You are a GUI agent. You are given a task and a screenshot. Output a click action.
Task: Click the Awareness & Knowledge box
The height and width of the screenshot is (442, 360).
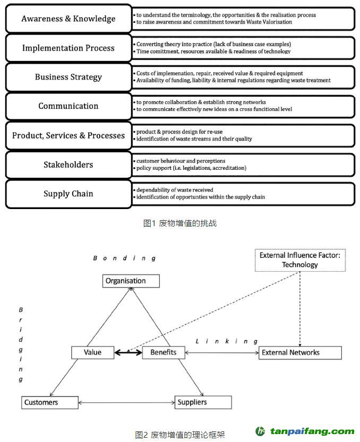pos(68,19)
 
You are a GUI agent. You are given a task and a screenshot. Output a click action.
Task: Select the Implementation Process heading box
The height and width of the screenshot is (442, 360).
pos(68,48)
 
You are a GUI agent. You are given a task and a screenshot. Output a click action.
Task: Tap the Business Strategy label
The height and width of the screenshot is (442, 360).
pos(68,77)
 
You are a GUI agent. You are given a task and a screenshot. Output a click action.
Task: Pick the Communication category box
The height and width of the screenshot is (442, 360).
pos(68,106)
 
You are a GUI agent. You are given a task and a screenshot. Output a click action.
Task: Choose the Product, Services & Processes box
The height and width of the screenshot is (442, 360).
pos(68,135)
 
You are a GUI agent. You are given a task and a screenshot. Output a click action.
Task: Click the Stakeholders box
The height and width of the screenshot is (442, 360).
pos(68,164)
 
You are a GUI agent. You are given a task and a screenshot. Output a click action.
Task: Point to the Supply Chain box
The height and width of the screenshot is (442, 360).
pos(68,194)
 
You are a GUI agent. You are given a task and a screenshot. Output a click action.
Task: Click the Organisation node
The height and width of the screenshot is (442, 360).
pos(131,281)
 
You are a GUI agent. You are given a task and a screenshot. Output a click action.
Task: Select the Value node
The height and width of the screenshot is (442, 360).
pos(92,352)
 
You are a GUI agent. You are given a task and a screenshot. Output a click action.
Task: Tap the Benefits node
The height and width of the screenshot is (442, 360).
pos(164,352)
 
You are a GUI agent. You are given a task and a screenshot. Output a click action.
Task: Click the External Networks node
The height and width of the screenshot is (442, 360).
pos(300,352)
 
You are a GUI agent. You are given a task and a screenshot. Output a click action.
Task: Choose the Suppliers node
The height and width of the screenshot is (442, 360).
pos(203,402)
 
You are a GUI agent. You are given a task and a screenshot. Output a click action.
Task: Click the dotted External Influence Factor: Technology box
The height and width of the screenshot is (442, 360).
pos(300,260)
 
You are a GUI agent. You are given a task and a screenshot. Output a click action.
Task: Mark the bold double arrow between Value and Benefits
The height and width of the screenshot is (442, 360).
pos(128,352)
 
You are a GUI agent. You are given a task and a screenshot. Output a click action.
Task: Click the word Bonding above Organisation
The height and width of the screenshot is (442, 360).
pos(124,258)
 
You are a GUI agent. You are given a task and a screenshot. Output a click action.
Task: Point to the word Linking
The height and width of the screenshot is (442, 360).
pos(227,341)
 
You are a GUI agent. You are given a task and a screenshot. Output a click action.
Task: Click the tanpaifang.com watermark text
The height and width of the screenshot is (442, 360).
pos(312,431)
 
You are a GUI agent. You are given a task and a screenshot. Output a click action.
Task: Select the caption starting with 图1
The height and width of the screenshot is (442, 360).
pos(180,223)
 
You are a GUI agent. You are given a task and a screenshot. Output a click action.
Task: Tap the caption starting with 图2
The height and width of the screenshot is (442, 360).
pos(180,435)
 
